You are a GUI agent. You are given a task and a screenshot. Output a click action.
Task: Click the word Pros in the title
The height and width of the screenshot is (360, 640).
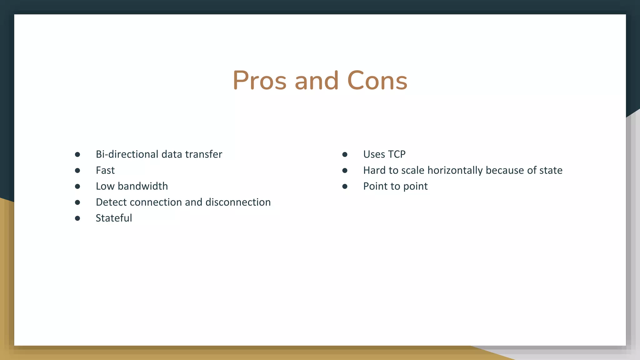[x=259, y=81]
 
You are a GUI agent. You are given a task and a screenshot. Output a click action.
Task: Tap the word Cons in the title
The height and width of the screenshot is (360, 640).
[x=377, y=81]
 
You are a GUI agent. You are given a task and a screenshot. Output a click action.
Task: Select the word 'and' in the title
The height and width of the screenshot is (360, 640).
[x=317, y=81]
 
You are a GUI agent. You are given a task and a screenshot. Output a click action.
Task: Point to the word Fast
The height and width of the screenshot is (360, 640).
[x=105, y=170]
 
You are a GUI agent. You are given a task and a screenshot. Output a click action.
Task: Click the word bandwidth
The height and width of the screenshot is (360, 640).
[x=143, y=186]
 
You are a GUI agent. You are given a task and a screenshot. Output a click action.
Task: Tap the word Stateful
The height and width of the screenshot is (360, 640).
[x=114, y=218]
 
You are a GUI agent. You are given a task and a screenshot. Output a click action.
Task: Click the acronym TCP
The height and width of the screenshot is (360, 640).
[x=397, y=154]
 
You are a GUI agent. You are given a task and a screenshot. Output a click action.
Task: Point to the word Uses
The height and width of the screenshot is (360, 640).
[x=374, y=154]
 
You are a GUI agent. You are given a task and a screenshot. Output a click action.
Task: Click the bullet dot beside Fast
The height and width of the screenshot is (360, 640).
[x=77, y=171]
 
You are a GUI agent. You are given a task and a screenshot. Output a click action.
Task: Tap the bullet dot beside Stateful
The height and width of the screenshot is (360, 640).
[x=77, y=218]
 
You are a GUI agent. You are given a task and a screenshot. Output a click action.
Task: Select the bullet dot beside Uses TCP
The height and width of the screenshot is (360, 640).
[x=345, y=155]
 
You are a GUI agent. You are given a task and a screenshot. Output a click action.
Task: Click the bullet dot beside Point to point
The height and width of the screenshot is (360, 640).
[x=345, y=187]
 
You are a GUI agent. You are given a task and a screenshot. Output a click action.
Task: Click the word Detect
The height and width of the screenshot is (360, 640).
[x=111, y=202]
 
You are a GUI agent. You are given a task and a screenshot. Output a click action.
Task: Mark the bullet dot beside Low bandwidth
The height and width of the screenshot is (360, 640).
[x=77, y=187]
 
